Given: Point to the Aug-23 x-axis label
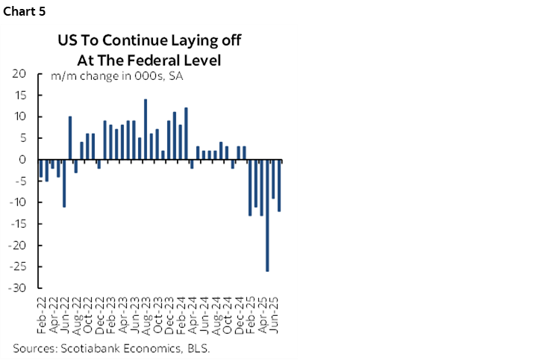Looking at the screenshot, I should (146, 314).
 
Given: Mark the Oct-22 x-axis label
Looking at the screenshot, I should (87, 314).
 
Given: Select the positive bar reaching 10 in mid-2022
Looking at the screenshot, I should (69, 138).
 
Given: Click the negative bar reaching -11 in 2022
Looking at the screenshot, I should (64, 183).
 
